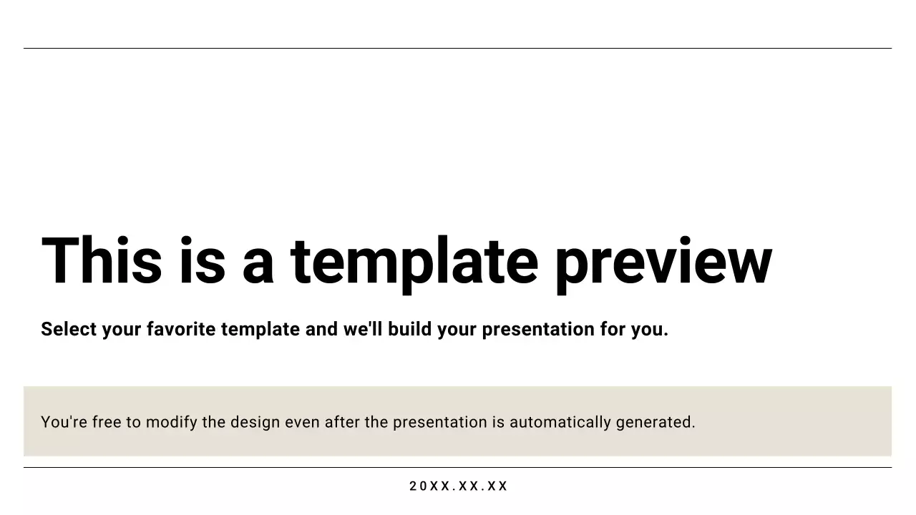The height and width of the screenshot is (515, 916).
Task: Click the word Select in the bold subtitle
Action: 69,329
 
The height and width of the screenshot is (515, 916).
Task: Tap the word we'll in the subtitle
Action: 363,329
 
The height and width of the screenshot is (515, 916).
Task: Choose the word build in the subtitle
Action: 409,329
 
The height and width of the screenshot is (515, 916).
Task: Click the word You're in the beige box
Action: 64,422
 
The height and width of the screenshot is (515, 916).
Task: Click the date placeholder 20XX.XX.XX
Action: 458,486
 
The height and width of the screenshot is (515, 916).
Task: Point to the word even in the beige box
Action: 303,422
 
